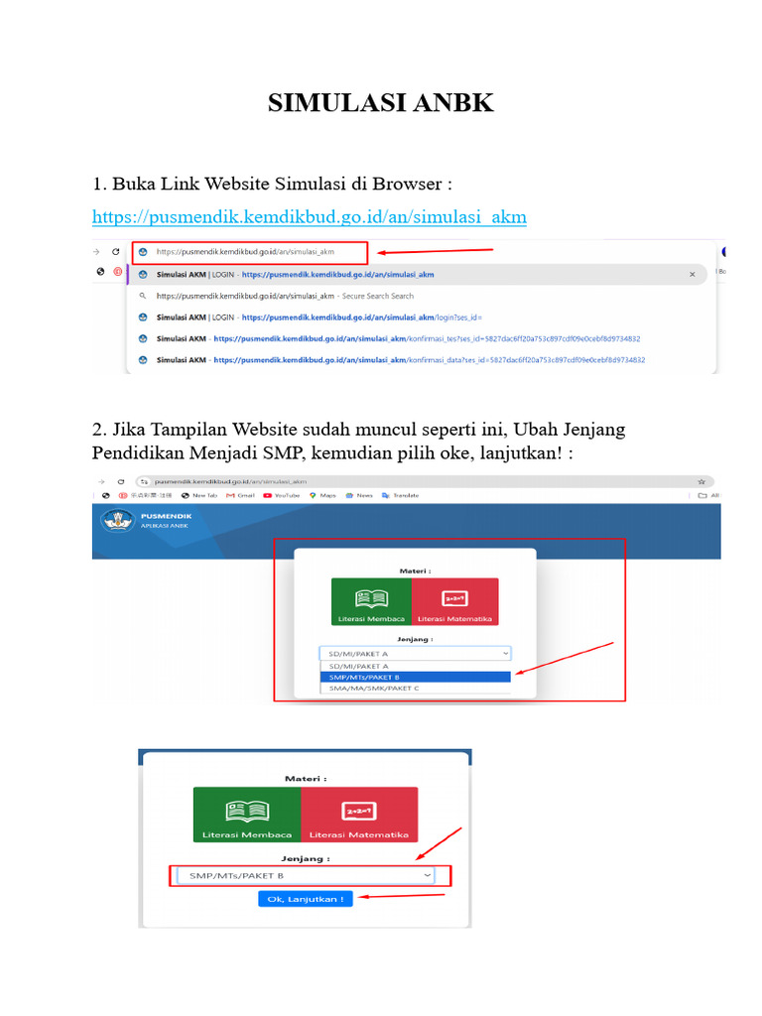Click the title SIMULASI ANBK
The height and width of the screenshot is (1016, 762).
pyautogui.click(x=380, y=102)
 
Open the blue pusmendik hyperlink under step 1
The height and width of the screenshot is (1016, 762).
pyautogui.click(x=309, y=216)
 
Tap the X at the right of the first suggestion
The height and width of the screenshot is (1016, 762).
pyautogui.click(x=692, y=274)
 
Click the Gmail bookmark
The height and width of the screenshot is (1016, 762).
pyautogui.click(x=240, y=495)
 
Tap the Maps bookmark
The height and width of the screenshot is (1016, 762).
pyautogui.click(x=322, y=495)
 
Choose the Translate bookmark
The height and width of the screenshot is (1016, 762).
pyautogui.click(x=400, y=495)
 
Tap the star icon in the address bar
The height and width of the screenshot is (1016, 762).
pyautogui.click(x=701, y=480)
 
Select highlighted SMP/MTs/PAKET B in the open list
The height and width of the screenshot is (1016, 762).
pyautogui.click(x=415, y=677)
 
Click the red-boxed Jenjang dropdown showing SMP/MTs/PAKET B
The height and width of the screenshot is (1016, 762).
pyautogui.click(x=310, y=876)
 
